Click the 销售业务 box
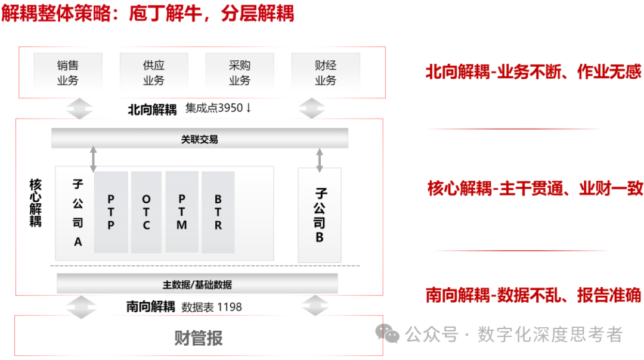[68, 73]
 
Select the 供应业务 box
[154, 73]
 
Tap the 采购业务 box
[240, 73]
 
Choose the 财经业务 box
[326, 73]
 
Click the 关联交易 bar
[200, 139]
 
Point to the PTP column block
[111, 212]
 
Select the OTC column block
[146, 212]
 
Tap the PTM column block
[182, 212]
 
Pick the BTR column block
[218, 212]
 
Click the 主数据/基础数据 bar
[197, 284]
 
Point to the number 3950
[231, 108]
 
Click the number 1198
[230, 308]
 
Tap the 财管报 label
[199, 339]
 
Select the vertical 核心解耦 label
[35, 202]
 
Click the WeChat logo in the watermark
[390, 334]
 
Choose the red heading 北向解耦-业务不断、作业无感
[533, 72]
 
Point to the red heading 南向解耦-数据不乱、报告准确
[533, 295]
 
